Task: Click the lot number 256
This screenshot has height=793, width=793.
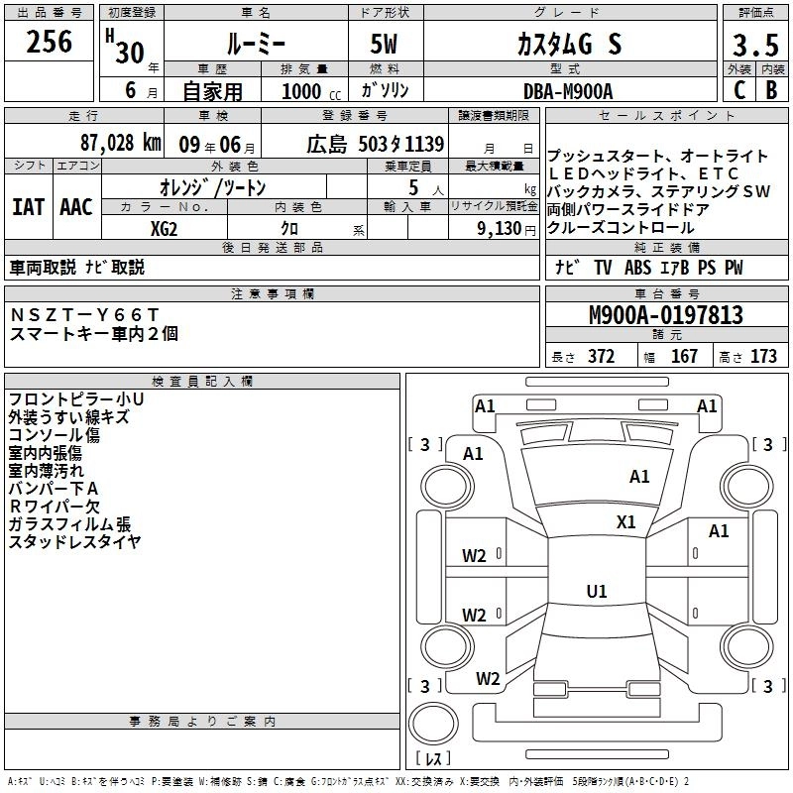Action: pos(50,42)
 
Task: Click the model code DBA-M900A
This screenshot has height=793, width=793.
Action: pos(567,90)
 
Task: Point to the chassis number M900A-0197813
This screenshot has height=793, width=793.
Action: pos(666,315)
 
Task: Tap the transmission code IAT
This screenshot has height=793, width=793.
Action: pos(28,207)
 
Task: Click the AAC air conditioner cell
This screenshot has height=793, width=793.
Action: pos(75,207)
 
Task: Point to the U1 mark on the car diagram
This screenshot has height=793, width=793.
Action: pos(596,592)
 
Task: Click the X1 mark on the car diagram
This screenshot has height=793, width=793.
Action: pos(625,522)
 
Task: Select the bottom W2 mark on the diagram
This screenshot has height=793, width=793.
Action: pos(488,679)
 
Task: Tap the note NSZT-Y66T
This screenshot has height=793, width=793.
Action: pos(84,314)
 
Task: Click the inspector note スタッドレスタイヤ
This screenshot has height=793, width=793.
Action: pos(74,541)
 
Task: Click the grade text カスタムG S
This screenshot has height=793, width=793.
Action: pos(569,45)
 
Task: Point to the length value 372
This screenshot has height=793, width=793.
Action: pos(601,357)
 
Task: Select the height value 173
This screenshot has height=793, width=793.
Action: pos(764,357)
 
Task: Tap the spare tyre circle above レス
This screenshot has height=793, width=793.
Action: pos(433,725)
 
